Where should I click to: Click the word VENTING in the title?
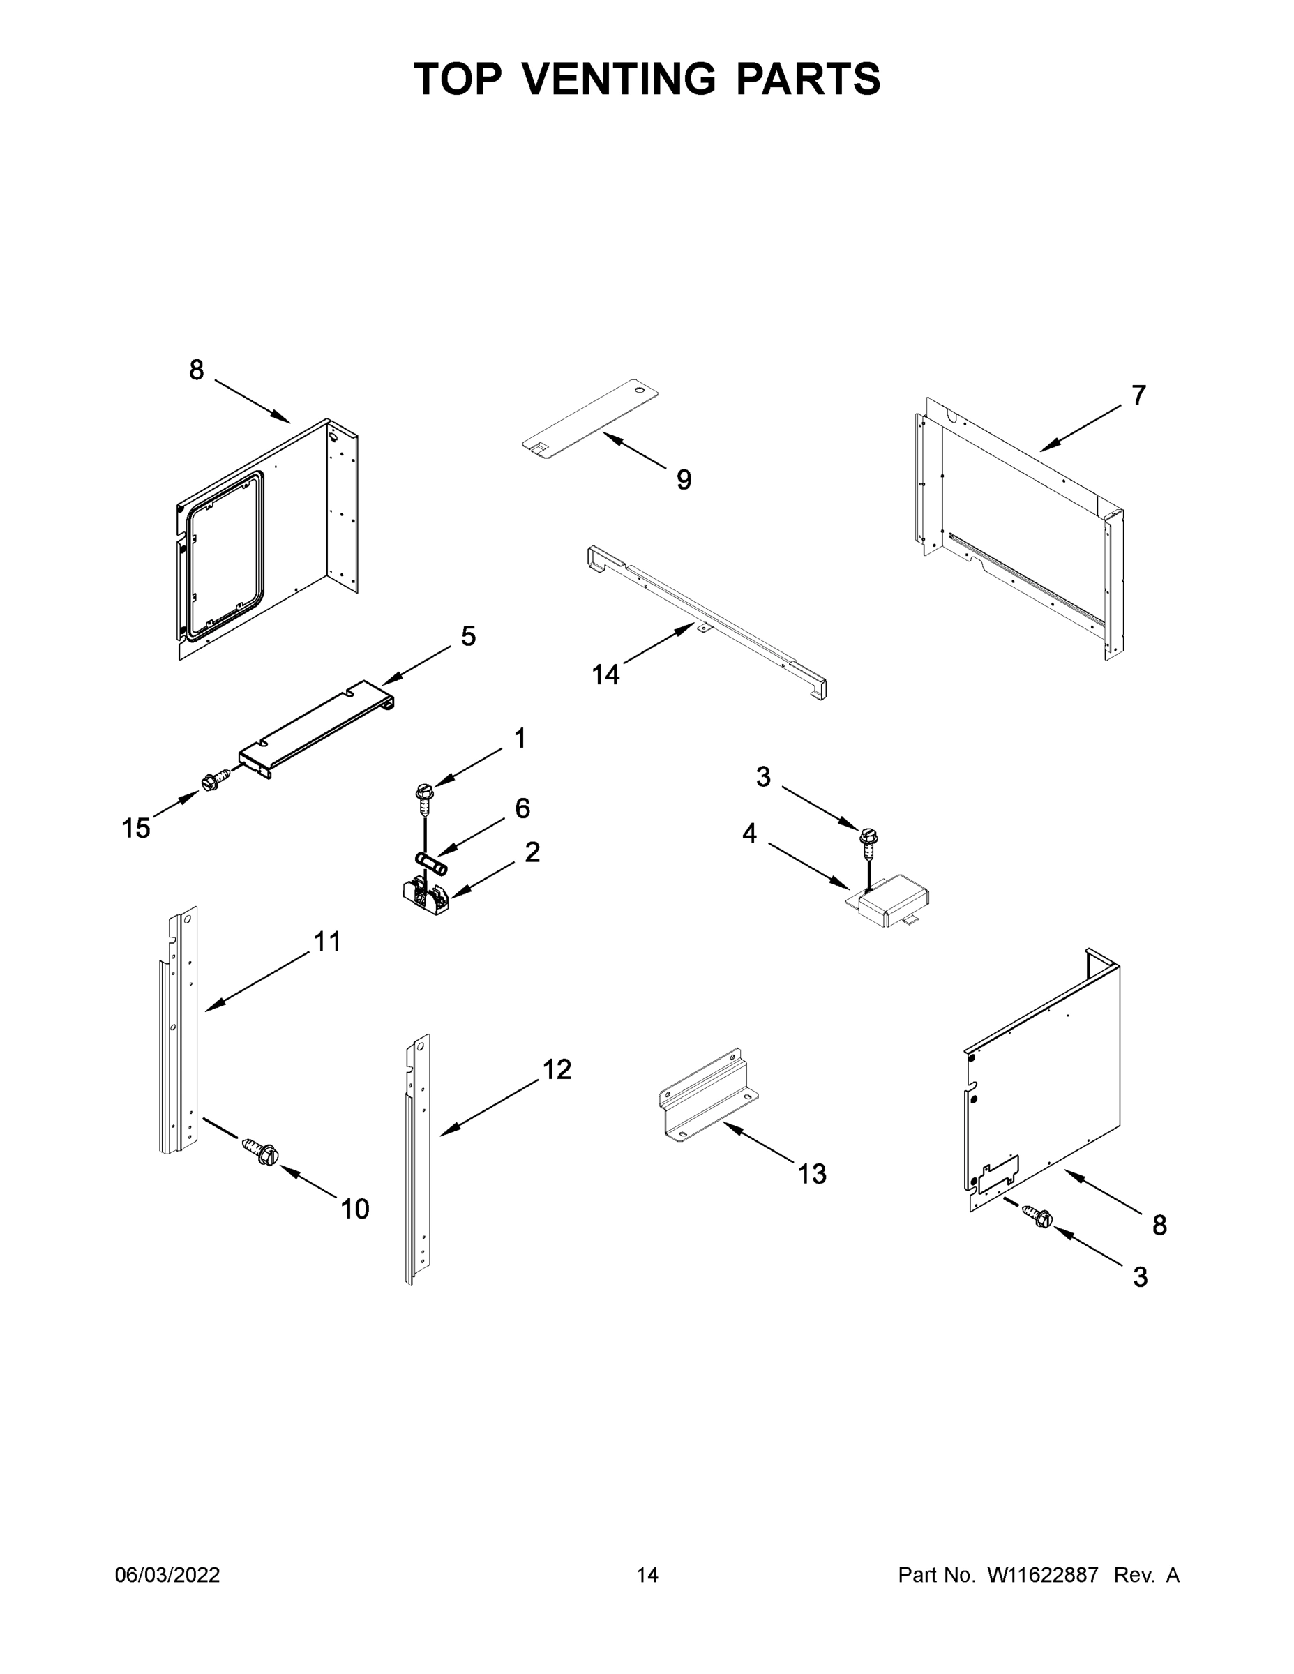pyautogui.click(x=619, y=79)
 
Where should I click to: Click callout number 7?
pyautogui.click(x=1138, y=395)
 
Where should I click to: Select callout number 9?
pyautogui.click(x=684, y=480)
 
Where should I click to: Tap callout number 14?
pyautogui.click(x=605, y=674)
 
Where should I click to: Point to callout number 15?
pyautogui.click(x=136, y=828)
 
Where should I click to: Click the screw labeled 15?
pyautogui.click(x=212, y=782)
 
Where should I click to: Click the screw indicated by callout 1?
pyautogui.click(x=424, y=794)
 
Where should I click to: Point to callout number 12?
pyautogui.click(x=557, y=1069)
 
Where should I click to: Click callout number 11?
pyautogui.click(x=327, y=941)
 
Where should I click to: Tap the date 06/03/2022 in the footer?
pyautogui.click(x=167, y=1575)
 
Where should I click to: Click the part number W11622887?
pyautogui.click(x=1043, y=1575)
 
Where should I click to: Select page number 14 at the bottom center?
pyautogui.click(x=647, y=1575)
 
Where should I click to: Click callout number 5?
pyautogui.click(x=467, y=635)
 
